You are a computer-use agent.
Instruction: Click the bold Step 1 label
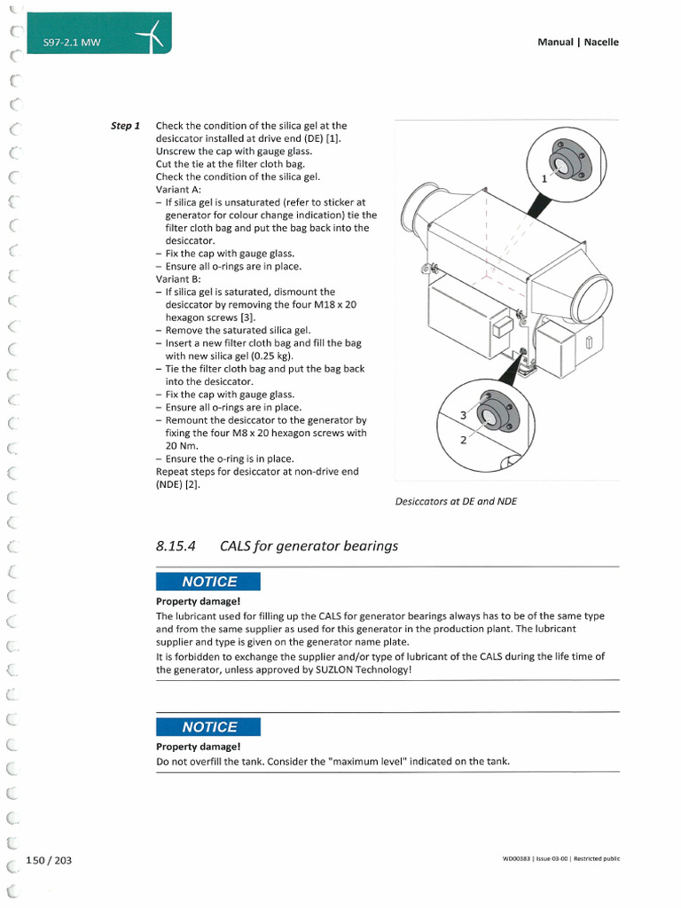[x=125, y=126]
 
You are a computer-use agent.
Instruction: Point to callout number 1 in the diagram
[x=545, y=178]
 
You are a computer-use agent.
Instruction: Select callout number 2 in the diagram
[x=462, y=439]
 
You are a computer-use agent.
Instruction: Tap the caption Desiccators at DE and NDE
[x=456, y=501]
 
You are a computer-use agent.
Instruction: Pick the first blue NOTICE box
[x=208, y=582]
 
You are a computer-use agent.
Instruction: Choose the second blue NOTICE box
[x=208, y=727]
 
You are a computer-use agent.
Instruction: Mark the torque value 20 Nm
[x=180, y=446]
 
